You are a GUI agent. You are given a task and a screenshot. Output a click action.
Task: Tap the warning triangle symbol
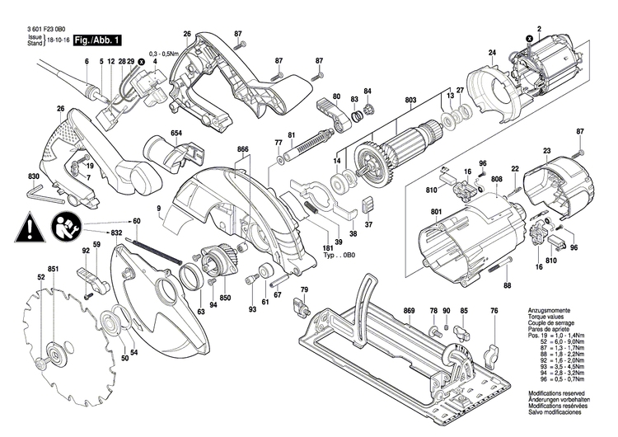point(30,223)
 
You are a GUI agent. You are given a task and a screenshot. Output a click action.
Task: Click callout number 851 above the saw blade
point(53,270)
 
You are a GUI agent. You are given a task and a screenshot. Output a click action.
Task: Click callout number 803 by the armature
point(410,100)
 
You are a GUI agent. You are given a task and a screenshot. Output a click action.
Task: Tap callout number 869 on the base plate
point(409,310)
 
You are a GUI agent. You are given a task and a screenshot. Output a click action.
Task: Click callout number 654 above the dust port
point(176,133)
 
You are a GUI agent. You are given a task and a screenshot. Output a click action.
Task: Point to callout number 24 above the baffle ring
point(492,54)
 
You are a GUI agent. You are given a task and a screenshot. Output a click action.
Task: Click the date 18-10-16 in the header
point(59,40)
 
